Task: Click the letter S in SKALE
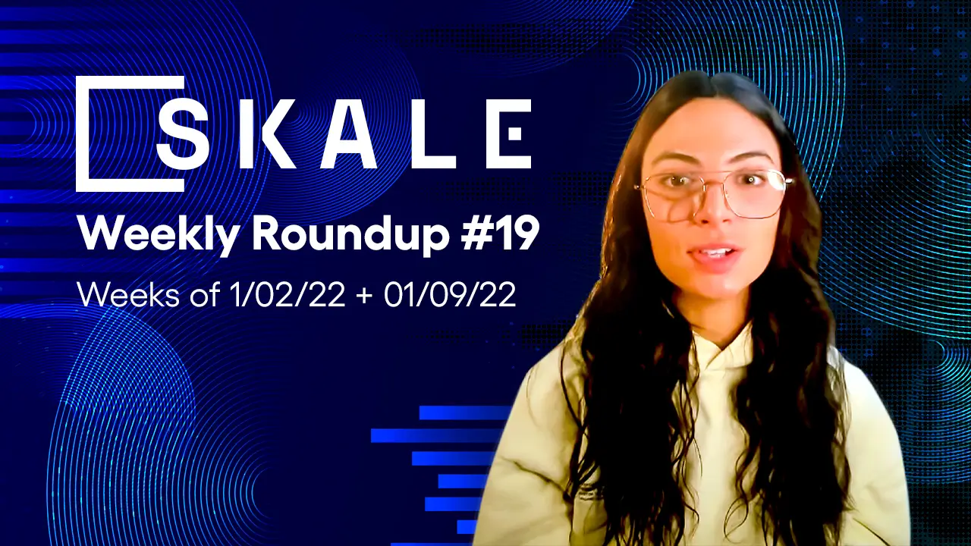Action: click(183, 134)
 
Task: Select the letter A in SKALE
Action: click(348, 134)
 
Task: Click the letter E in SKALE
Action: click(508, 134)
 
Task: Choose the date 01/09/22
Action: click(450, 294)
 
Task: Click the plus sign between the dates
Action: click(363, 295)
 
